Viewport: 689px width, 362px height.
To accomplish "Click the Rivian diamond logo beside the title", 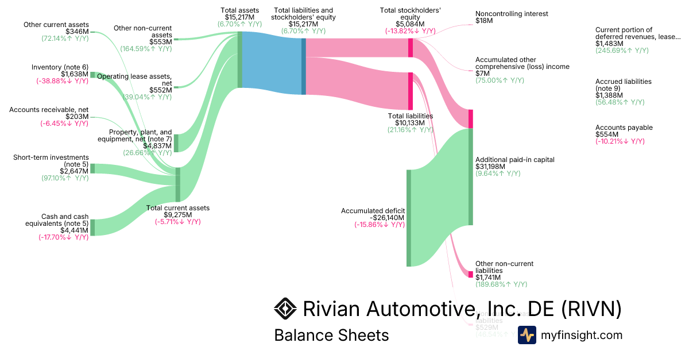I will pyautogui.click(x=285, y=309).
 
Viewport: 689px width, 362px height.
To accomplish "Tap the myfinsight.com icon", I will pyautogui.click(x=527, y=335).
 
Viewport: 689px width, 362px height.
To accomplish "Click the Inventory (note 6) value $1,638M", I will pyautogui.click(x=74, y=74).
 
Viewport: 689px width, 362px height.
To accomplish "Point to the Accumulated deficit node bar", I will pyautogui.click(x=409, y=218).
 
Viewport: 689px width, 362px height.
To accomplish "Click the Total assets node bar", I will pyautogui.click(x=239, y=60).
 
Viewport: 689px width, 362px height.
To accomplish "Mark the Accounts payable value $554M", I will pyautogui.click(x=608, y=134).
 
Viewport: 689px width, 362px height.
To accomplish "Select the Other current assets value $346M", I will pyautogui.click(x=78, y=32).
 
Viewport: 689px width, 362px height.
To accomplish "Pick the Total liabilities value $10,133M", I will pyautogui.click(x=410, y=122).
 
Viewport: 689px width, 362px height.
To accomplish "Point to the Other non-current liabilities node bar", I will pyautogui.click(x=471, y=274).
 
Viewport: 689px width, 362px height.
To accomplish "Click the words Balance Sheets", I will pyautogui.click(x=331, y=335).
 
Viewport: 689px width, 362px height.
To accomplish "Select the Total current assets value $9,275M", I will pyautogui.click(x=177, y=215).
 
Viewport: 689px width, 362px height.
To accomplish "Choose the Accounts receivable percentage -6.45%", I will pyautogui.click(x=64, y=124).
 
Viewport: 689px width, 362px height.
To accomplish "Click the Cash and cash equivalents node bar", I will pyautogui.click(x=92, y=227).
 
